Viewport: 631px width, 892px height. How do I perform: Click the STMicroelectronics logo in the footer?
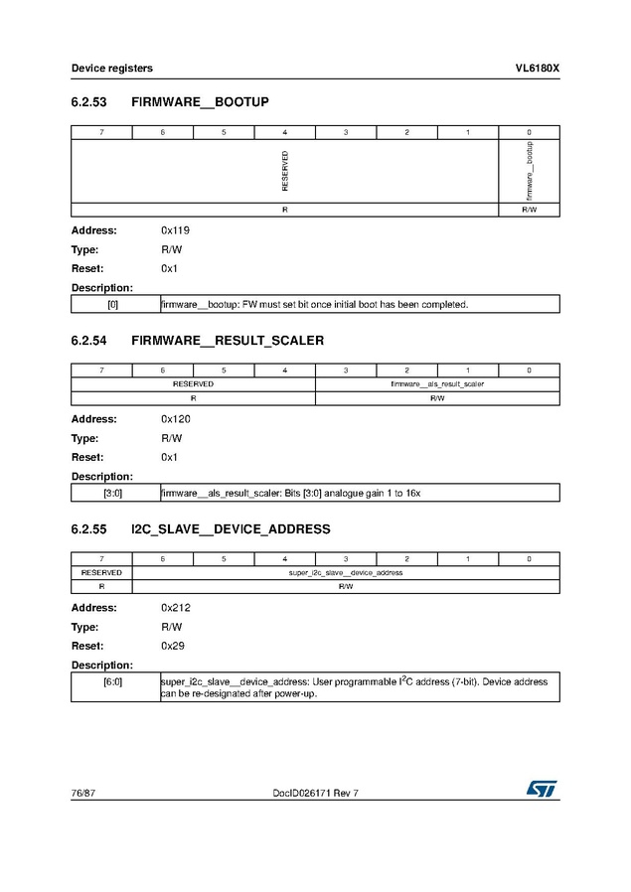543,788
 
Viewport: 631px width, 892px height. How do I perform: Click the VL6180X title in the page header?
537,69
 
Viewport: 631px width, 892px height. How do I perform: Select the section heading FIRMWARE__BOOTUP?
200,102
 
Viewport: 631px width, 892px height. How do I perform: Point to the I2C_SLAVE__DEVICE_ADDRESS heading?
231,529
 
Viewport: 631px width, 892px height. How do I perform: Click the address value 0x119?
175,230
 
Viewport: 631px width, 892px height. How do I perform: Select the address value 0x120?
175,419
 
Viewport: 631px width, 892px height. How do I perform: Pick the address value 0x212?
175,607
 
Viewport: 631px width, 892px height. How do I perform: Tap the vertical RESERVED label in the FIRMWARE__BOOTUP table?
285,171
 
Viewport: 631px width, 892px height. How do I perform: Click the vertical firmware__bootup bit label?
530,171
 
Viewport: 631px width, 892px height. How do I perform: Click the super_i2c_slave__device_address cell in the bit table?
345,572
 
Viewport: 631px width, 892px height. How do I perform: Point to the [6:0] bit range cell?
113,683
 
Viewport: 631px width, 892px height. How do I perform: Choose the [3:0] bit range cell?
113,493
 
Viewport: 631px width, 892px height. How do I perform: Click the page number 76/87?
82,793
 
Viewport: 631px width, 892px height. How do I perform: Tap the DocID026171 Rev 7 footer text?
315,793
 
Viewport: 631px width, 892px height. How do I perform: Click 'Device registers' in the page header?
111,69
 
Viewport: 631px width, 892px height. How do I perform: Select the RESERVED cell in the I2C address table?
101,572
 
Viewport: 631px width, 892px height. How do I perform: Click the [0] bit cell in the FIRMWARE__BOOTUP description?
113,304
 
